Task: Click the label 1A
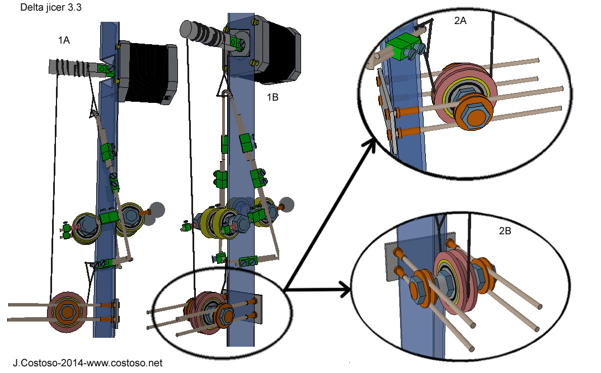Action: (63, 40)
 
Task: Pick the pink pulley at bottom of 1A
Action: (67, 313)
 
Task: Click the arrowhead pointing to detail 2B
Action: (345, 290)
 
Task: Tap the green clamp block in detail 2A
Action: (403, 48)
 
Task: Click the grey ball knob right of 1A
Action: (157, 209)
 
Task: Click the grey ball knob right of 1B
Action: (287, 205)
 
